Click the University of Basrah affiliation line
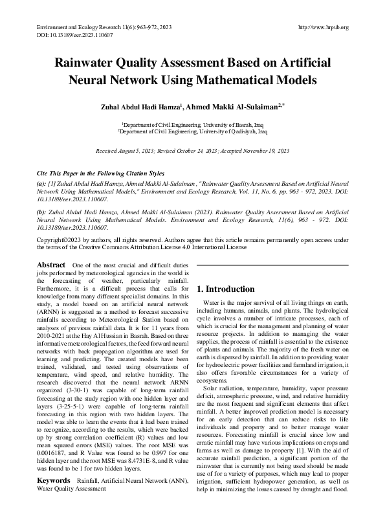[x=192, y=124]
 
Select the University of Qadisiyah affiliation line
[x=192, y=131]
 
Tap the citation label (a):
[x=43, y=184]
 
